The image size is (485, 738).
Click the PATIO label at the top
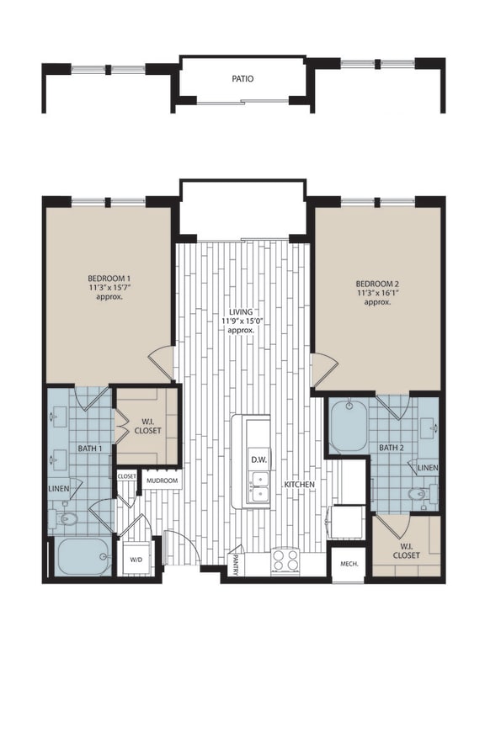point(242,79)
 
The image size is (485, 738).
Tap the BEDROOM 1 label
point(108,278)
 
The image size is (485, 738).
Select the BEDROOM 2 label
point(377,284)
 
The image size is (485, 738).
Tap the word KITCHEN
point(301,486)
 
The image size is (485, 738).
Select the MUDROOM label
point(162,480)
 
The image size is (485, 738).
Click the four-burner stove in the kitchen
point(285,560)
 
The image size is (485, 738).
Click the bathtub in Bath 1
point(83,557)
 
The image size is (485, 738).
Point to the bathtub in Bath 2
point(348,428)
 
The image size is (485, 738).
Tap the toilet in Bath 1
point(66,519)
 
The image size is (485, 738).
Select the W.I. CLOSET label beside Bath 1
point(147,424)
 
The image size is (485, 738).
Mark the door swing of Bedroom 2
point(323,369)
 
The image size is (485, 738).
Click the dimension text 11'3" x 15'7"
point(108,288)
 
